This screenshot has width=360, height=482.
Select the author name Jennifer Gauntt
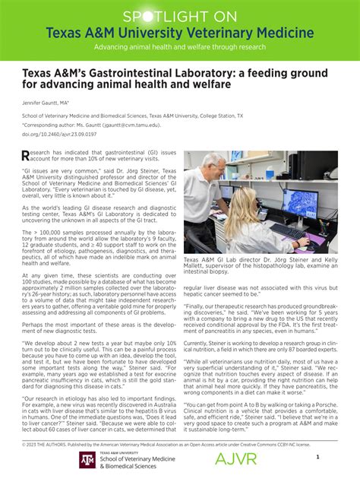pyautogui.click(x=46, y=101)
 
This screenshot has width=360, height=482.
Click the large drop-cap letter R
pyautogui.click(x=27, y=155)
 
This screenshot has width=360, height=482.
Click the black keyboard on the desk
pyautogui.click(x=291, y=230)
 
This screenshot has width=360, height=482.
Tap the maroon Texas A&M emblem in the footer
pyautogui.click(x=87, y=460)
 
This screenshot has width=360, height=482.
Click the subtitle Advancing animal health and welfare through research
pyautogui.click(x=180, y=47)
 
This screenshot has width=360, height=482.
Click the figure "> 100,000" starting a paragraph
pyautogui.click(x=39, y=231)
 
